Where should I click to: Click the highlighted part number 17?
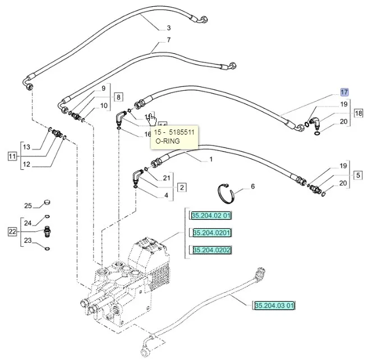pyautogui.click(x=344, y=91)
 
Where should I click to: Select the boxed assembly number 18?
pyautogui.click(x=358, y=113)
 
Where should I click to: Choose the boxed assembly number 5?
pyautogui.click(x=358, y=174)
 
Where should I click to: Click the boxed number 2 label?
pyautogui.click(x=182, y=187)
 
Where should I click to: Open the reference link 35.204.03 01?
pyautogui.click(x=274, y=306)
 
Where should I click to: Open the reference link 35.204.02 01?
pyautogui.click(x=211, y=215)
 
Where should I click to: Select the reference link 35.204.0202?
pyautogui.click(x=211, y=250)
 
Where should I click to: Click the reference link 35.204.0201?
pyautogui.click(x=211, y=233)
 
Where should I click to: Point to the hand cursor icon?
pyautogui.click(x=152, y=118)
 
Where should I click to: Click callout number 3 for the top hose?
pyautogui.click(x=168, y=27)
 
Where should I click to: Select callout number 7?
pyautogui.click(x=168, y=40)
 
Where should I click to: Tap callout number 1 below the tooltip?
pyautogui.click(x=210, y=159)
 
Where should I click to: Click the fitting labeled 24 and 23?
pyautogui.click(x=47, y=229)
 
